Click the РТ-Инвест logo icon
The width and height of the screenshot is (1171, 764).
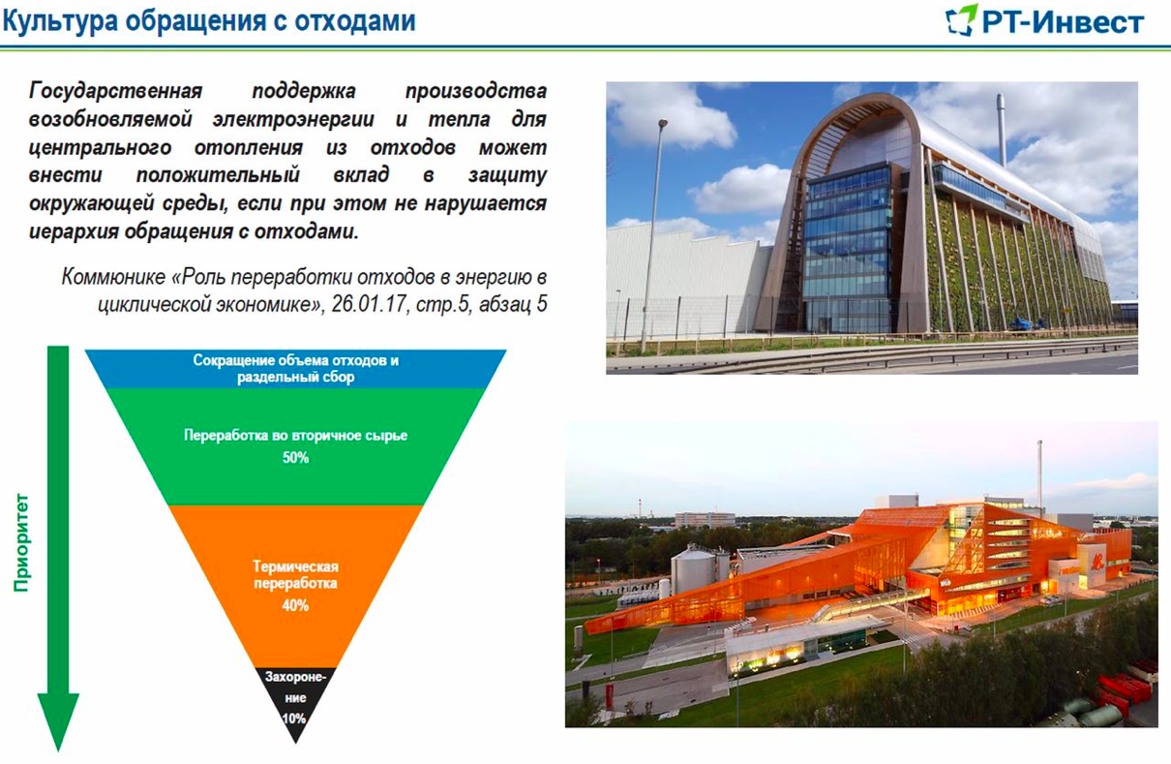click(961, 20)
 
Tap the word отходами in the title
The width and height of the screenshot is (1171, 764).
click(355, 21)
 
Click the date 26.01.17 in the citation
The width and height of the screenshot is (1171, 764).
click(369, 303)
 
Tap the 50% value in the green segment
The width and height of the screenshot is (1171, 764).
click(295, 458)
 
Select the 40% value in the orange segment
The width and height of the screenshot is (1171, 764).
click(295, 605)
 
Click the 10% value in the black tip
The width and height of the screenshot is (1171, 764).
click(294, 718)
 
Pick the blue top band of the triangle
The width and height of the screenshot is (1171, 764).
click(296, 369)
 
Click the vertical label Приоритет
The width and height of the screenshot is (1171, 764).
click(22, 542)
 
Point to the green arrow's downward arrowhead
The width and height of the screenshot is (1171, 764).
click(58, 721)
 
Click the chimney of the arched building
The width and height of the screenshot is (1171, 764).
click(1001, 129)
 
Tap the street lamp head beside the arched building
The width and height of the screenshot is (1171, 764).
click(662, 124)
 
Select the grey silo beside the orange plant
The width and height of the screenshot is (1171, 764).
click(693, 573)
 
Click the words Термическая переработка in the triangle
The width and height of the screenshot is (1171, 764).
click(295, 575)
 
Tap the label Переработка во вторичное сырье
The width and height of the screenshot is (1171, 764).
click(295, 436)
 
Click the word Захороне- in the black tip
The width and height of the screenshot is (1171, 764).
click(295, 677)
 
